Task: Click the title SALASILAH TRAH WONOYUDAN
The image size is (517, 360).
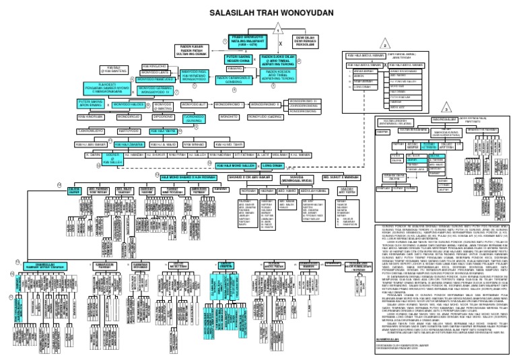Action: pyautogui.click(x=258, y=12)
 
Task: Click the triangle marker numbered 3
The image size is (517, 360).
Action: pyautogui.click(x=445, y=107)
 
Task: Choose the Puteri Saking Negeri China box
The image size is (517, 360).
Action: pyautogui.click(x=238, y=59)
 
